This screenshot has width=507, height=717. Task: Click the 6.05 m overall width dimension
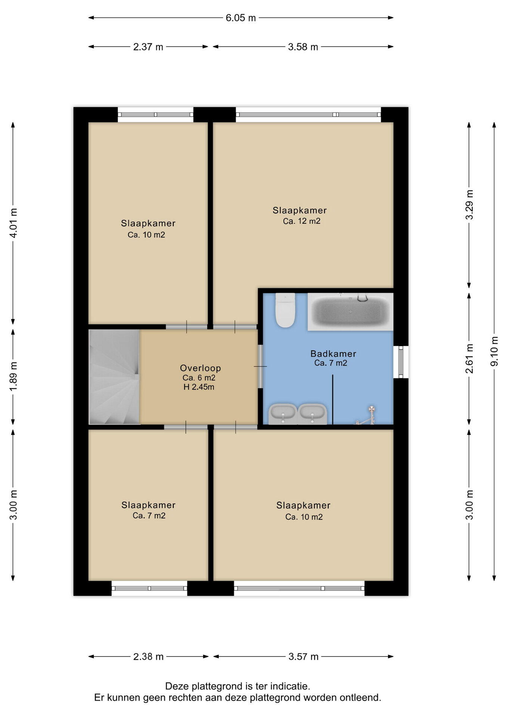(241, 18)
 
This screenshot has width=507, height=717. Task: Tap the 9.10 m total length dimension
(494, 351)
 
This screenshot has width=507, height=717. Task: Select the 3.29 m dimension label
(469, 205)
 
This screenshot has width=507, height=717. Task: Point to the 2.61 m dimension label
(469, 358)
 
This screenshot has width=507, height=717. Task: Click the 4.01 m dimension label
(13, 223)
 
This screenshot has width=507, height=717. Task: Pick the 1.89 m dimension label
(13, 376)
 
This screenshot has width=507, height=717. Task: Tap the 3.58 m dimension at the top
(303, 47)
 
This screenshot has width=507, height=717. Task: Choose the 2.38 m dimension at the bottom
(148, 657)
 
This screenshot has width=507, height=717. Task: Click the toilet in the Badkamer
(285, 310)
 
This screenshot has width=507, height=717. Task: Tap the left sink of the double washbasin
(283, 413)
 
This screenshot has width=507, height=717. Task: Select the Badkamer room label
(333, 354)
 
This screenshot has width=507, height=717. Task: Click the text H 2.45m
(199, 387)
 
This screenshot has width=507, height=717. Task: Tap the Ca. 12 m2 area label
(302, 221)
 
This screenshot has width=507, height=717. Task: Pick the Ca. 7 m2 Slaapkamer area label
(149, 516)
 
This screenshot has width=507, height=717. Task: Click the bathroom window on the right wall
(401, 362)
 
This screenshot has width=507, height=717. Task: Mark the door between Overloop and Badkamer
(261, 366)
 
